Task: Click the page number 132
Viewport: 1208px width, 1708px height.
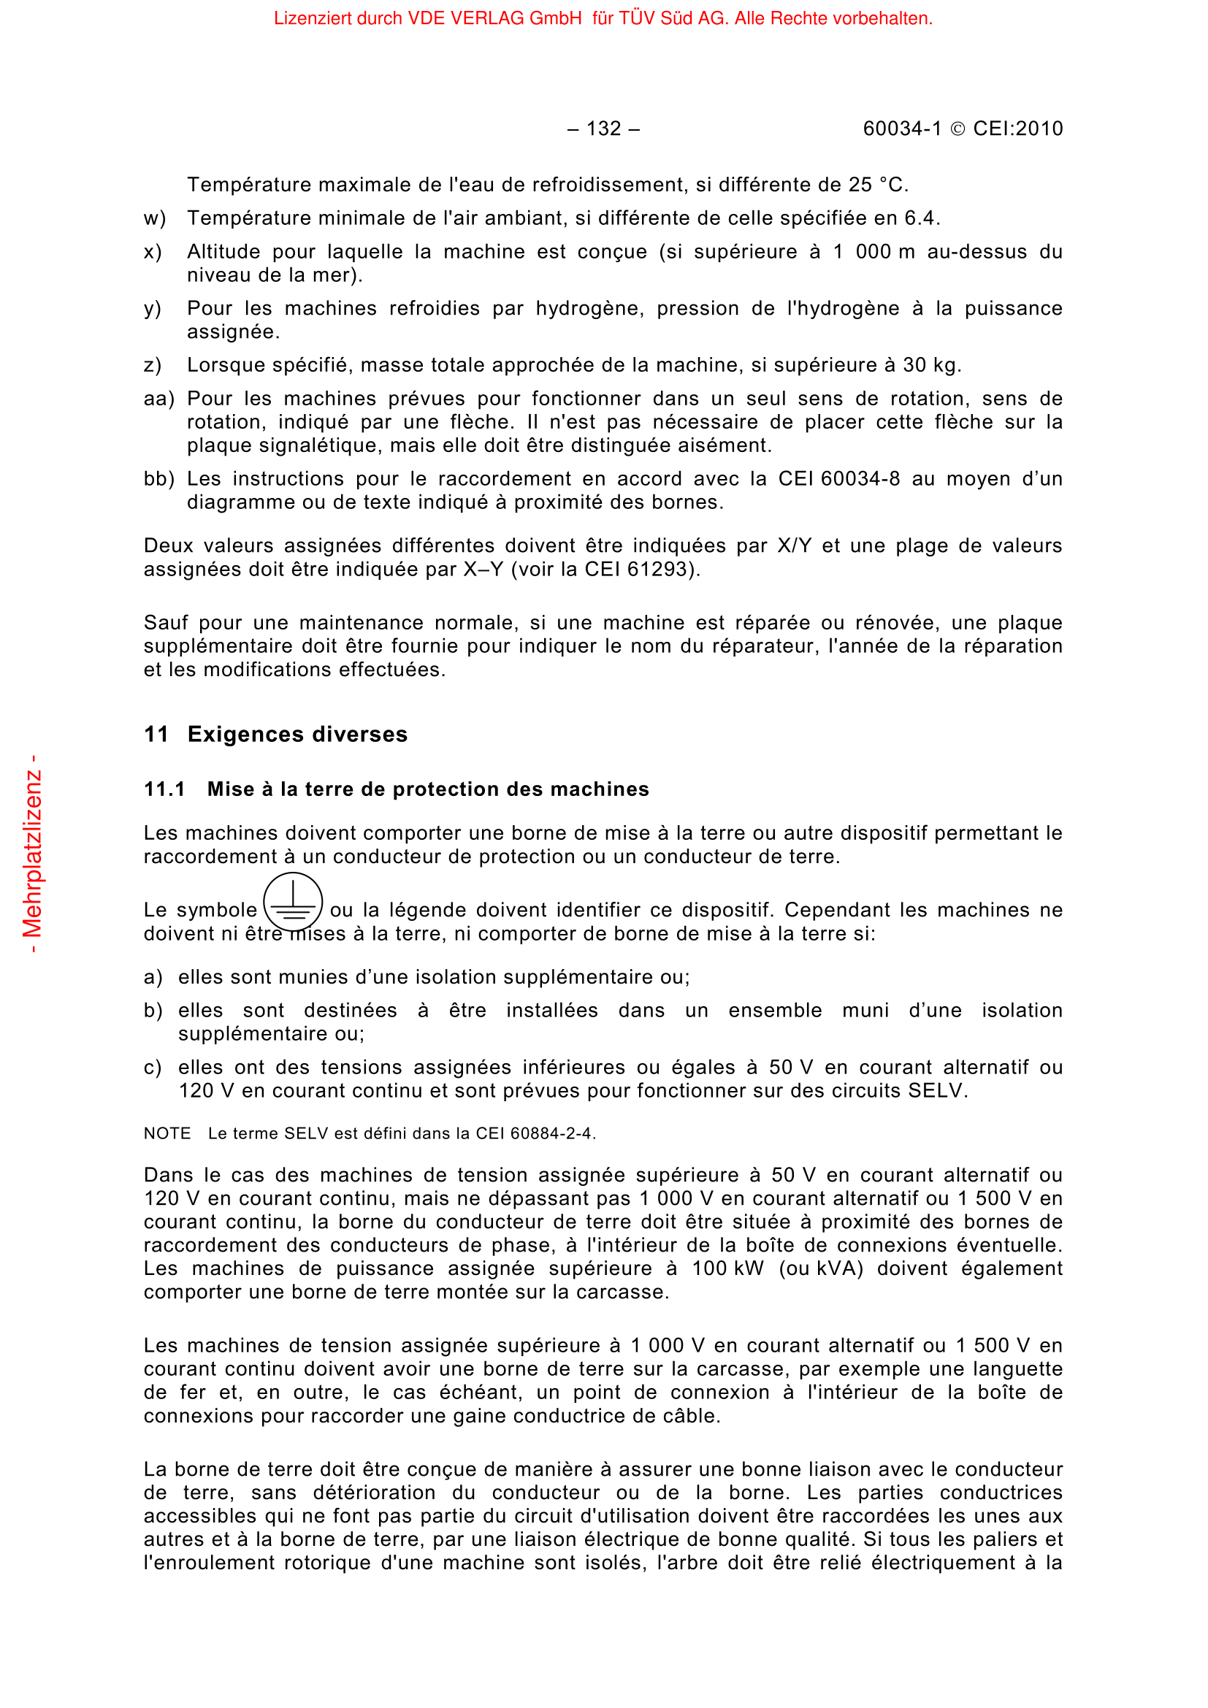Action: [603, 129]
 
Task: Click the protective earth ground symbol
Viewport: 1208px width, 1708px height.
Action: [293, 902]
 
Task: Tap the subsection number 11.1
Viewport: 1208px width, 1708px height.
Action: [164, 789]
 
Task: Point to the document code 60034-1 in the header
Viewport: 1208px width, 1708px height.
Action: [901, 129]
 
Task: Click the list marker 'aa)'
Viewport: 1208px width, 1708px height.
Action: [158, 399]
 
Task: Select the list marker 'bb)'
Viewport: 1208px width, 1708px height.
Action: [158, 479]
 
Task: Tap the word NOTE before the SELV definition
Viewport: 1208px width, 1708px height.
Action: [167, 1134]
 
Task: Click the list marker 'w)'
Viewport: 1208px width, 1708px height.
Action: [155, 219]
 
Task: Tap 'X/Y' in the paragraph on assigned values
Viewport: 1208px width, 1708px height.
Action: [794, 546]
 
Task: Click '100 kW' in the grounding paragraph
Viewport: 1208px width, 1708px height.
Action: [727, 1268]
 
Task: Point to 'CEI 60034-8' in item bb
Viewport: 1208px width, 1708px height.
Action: [839, 479]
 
